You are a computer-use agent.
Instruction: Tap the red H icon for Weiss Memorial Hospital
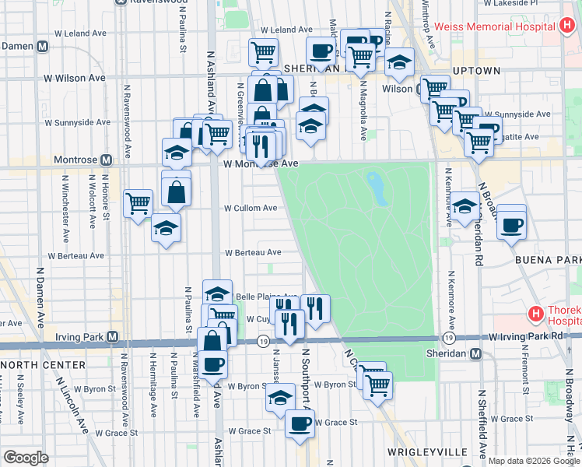pyautogui.click(x=569, y=26)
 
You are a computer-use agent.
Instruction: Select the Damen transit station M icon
pyautogui.click(x=44, y=46)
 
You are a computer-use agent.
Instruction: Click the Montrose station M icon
pyautogui.click(x=106, y=160)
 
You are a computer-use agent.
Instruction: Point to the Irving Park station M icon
pyautogui.click(x=114, y=337)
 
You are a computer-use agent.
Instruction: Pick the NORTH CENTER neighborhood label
pyautogui.click(x=31, y=364)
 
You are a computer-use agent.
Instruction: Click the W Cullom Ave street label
pyautogui.click(x=251, y=209)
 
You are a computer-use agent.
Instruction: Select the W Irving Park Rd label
pyautogui.click(x=525, y=336)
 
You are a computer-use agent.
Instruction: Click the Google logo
pyautogui.click(x=26, y=458)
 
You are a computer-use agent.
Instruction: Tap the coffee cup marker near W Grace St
pyautogui.click(x=300, y=423)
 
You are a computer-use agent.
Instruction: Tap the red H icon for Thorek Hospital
pyautogui.click(x=535, y=314)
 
